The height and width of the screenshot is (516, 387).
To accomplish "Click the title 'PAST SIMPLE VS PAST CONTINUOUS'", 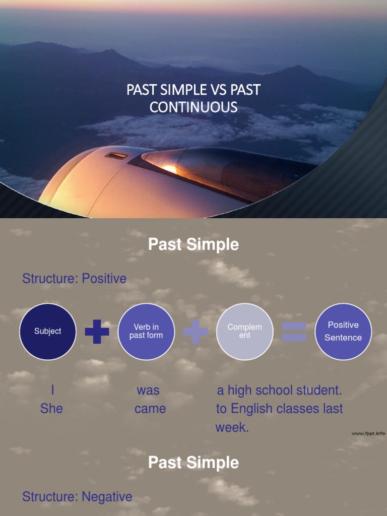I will point(193,98).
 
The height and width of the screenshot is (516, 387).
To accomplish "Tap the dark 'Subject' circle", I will point(48,331).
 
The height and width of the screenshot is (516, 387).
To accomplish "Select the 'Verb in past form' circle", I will point(146,331).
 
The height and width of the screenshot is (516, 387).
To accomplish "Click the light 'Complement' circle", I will point(244,331).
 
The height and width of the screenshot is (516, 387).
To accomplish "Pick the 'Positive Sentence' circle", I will point(343,331).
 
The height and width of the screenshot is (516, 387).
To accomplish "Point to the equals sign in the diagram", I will point(294,332).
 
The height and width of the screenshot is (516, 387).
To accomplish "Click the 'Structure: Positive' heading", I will point(74,279).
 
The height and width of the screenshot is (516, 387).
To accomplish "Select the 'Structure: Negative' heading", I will point(77,497).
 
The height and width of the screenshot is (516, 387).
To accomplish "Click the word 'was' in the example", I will point(148,391).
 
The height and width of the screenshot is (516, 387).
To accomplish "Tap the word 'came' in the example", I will point(150,409).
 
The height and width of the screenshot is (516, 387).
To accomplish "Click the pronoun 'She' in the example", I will point(51,409).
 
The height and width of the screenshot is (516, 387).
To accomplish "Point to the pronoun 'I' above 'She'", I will point(52,391).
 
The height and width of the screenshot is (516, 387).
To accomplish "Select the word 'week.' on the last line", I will point(232,428).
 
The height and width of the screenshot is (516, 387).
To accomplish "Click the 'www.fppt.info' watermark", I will point(368,433).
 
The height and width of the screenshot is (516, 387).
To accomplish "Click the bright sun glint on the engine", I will point(170,169).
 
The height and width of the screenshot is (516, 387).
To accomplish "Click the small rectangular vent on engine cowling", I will point(116,156).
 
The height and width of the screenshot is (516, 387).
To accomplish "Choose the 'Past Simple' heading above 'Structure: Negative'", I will point(193,463).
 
